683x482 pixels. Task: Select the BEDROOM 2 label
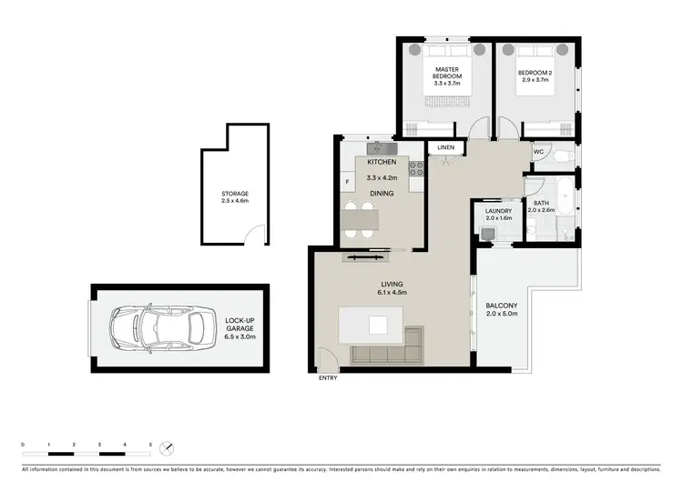point(535,71)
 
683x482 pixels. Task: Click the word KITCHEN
point(381,162)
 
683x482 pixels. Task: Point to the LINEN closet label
point(445,147)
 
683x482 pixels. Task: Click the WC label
point(539,152)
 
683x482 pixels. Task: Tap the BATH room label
point(541,204)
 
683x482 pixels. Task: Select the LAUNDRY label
point(498,212)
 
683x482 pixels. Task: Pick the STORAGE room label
point(234,194)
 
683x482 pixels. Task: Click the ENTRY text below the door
point(326,377)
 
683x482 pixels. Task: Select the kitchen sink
point(379,147)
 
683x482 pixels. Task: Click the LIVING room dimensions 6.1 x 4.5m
point(392,293)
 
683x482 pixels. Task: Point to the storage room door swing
point(260,236)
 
